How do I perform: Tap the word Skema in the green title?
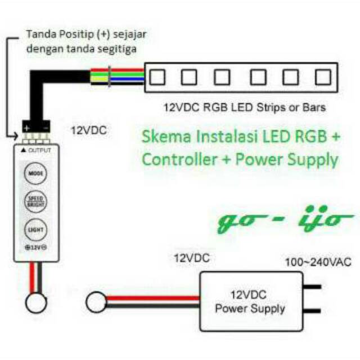[x=163, y=137]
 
